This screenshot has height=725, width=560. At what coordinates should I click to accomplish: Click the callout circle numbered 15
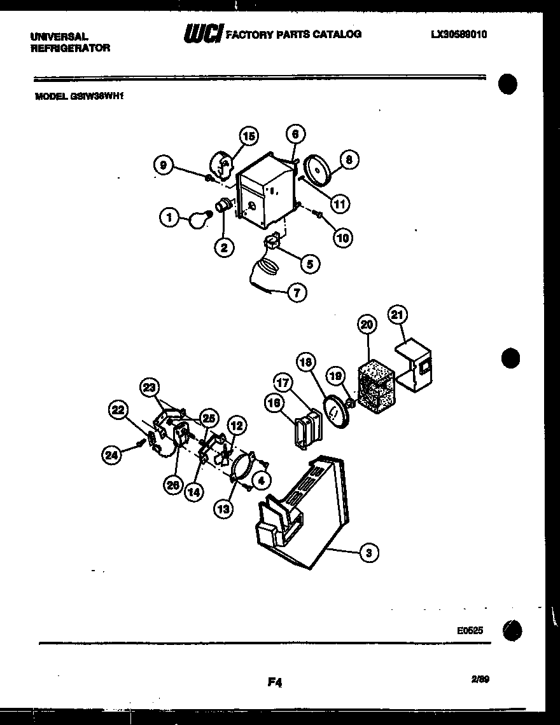coord(249,136)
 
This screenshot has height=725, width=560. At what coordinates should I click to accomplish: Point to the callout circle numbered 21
coord(399,315)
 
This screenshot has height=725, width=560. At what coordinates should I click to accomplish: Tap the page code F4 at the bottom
coord(274,682)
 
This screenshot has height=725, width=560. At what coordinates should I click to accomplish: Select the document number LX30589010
coord(459,35)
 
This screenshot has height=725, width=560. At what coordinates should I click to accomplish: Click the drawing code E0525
coord(470,631)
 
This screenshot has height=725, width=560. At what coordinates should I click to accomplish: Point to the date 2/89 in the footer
coord(480,679)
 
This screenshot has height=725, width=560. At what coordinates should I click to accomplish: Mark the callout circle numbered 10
coord(343,238)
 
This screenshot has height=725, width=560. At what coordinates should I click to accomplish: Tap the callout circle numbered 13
coord(223,508)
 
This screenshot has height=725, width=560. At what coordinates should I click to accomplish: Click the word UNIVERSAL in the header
coord(58,37)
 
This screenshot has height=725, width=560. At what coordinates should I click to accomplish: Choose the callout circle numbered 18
coord(307,362)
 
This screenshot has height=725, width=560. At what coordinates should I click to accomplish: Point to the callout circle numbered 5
coord(309,264)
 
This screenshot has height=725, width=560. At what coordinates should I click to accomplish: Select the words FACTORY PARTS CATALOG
coord(294,34)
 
